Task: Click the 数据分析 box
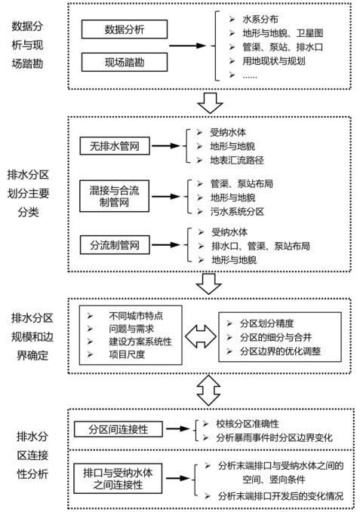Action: click(x=125, y=29)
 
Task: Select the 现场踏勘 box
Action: click(x=125, y=62)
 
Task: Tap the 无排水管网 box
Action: click(x=115, y=146)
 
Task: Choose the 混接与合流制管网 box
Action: click(x=114, y=196)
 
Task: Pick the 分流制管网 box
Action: click(x=115, y=245)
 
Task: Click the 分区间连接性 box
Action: click(x=118, y=429)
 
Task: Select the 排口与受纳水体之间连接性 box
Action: click(x=118, y=478)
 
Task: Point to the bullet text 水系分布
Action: click(x=260, y=20)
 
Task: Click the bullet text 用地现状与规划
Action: click(x=274, y=61)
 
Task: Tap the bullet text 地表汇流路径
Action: click(x=237, y=160)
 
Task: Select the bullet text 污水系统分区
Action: click(x=237, y=212)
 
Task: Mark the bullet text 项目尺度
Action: click(x=127, y=354)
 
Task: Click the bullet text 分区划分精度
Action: click(x=267, y=323)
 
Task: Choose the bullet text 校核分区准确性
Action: click(x=248, y=424)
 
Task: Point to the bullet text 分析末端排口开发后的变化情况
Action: click(x=281, y=496)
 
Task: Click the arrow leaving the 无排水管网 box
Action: click(x=166, y=146)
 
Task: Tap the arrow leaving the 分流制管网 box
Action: click(x=166, y=245)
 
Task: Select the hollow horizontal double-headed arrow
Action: click(x=201, y=336)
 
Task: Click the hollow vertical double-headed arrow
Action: click(x=209, y=391)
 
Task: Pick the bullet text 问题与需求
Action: click(x=131, y=329)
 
